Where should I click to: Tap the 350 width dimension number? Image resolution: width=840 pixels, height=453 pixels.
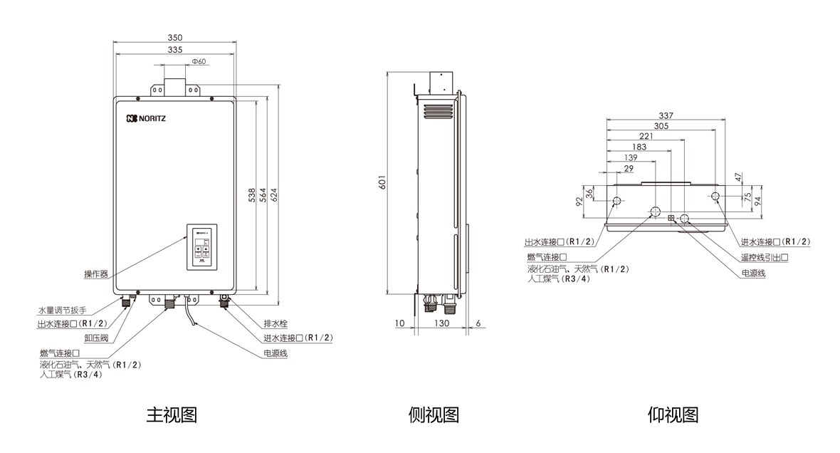tap(175, 38)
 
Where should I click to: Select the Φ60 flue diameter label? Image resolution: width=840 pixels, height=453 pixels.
tap(199, 62)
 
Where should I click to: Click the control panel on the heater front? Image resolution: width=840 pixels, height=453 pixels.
tap(201, 247)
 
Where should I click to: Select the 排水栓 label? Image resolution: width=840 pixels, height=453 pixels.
tap(275, 322)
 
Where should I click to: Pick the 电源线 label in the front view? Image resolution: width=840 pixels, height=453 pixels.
tap(275, 353)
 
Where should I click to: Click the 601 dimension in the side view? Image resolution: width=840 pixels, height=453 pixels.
tap(382, 183)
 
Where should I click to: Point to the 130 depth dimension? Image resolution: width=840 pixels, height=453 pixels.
tap(441, 324)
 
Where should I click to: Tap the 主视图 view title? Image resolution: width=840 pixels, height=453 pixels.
tap(172, 415)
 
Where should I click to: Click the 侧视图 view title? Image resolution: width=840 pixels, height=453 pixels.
tap(434, 415)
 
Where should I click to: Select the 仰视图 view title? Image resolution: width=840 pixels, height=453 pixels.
tap(673, 415)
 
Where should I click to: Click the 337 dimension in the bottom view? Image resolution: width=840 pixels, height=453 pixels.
tap(666, 115)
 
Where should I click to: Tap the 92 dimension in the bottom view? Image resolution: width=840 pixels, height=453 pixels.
tap(580, 201)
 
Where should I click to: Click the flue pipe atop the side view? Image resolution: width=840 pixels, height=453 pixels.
tap(439, 82)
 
